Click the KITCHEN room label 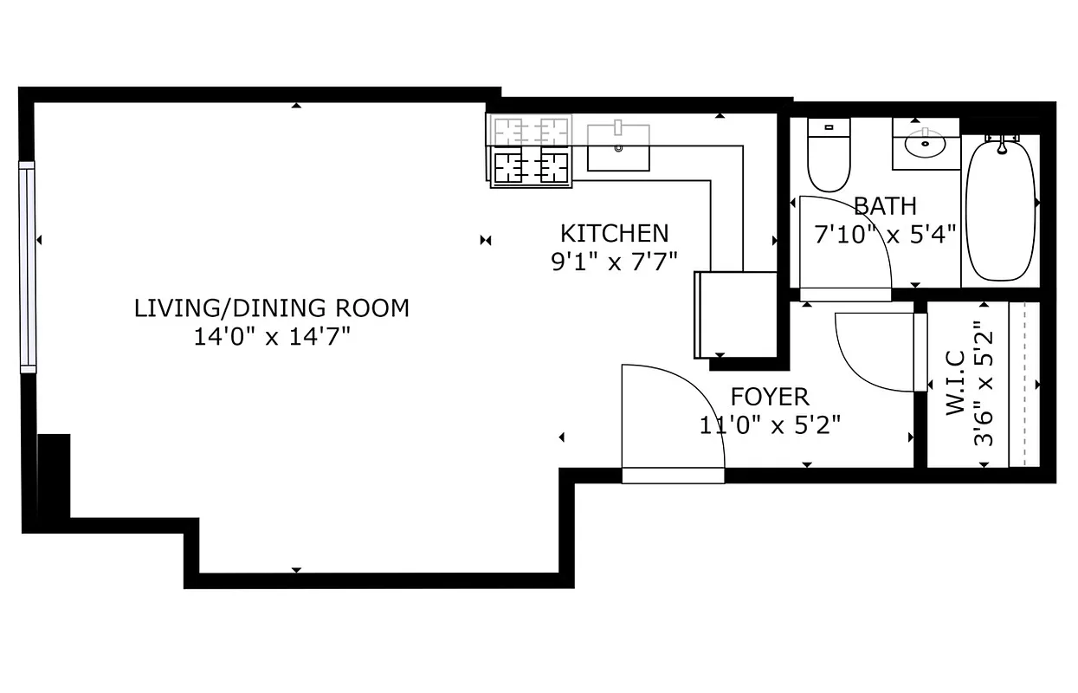click(614, 233)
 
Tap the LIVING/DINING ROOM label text click(271, 308)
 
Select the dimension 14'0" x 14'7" click(271, 336)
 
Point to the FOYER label click(770, 397)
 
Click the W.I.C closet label click(955, 383)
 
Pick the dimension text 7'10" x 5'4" click(884, 234)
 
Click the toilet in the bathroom click(829, 156)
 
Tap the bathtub click(1000, 212)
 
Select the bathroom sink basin click(926, 146)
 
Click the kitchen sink click(618, 147)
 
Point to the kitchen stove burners click(531, 152)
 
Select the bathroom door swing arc click(844, 247)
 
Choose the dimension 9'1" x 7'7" click(614, 262)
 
